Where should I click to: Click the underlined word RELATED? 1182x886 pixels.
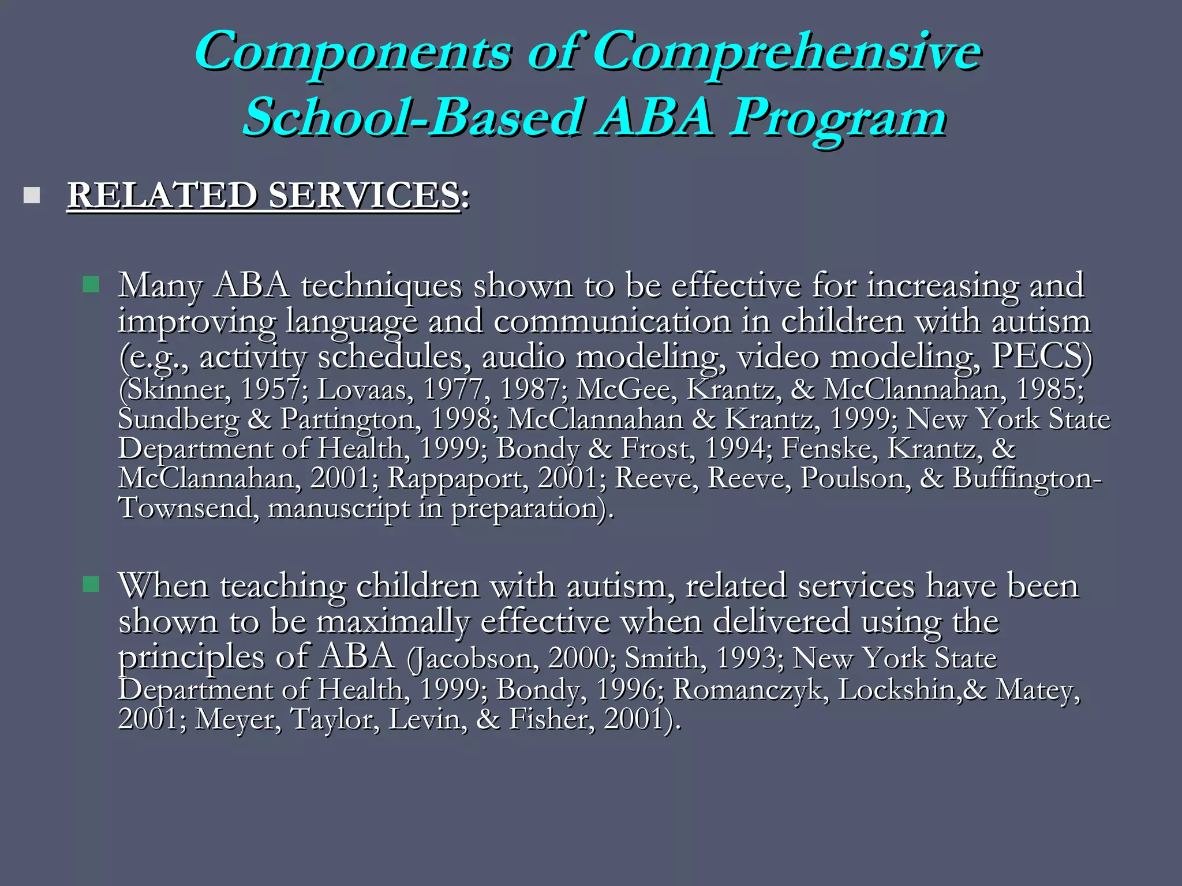click(x=162, y=195)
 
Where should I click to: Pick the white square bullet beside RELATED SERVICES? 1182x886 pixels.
click(x=32, y=196)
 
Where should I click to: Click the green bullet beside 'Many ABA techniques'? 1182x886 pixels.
click(x=91, y=284)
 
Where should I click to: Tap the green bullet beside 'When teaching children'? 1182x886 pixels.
click(x=91, y=585)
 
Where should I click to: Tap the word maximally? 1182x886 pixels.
click(x=392, y=622)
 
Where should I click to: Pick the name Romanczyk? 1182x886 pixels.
click(x=750, y=689)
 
